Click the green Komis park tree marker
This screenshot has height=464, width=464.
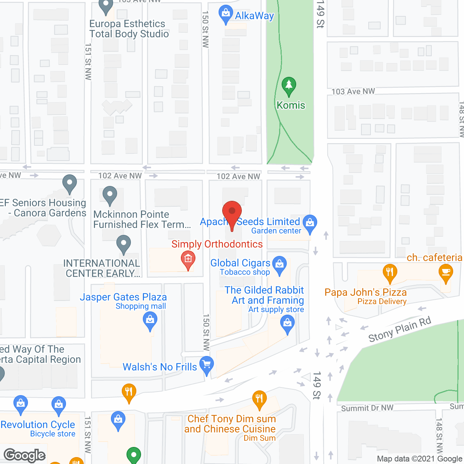tap(289, 86)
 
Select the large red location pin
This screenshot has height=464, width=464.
tap(232, 212)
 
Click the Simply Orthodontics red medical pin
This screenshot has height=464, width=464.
tap(188, 260)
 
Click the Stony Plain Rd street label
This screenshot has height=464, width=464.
tap(400, 330)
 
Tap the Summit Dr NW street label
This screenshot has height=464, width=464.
tap(367, 408)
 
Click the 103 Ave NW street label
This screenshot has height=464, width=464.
tap(353, 91)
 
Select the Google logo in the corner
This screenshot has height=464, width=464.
tap(25, 455)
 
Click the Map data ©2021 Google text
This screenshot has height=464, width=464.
tap(419, 459)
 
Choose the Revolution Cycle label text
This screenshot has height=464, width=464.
tap(38, 424)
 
